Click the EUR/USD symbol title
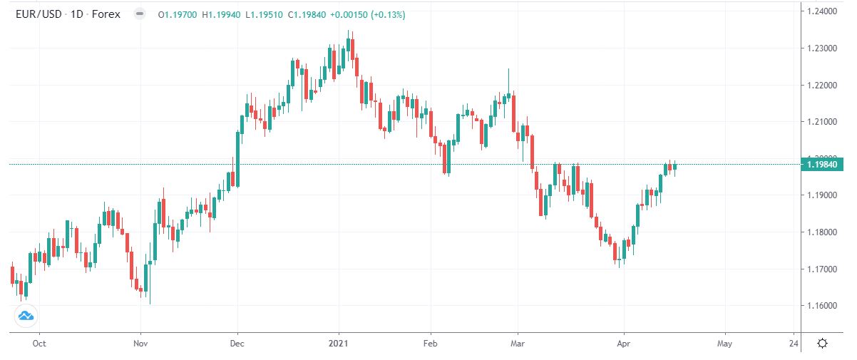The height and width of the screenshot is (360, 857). pos(38,14)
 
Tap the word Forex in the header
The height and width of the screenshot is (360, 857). pos(108,14)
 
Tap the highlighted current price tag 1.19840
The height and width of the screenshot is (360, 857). pos(823,165)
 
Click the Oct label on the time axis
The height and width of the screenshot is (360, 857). pos(39,344)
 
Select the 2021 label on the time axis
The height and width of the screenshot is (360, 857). pos(339,344)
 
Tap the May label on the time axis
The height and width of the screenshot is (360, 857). pos(725,344)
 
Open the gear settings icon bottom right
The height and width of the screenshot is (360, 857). pos(822,344)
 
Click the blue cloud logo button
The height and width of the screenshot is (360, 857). pos(26,315)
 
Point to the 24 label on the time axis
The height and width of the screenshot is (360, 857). pos(794,344)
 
